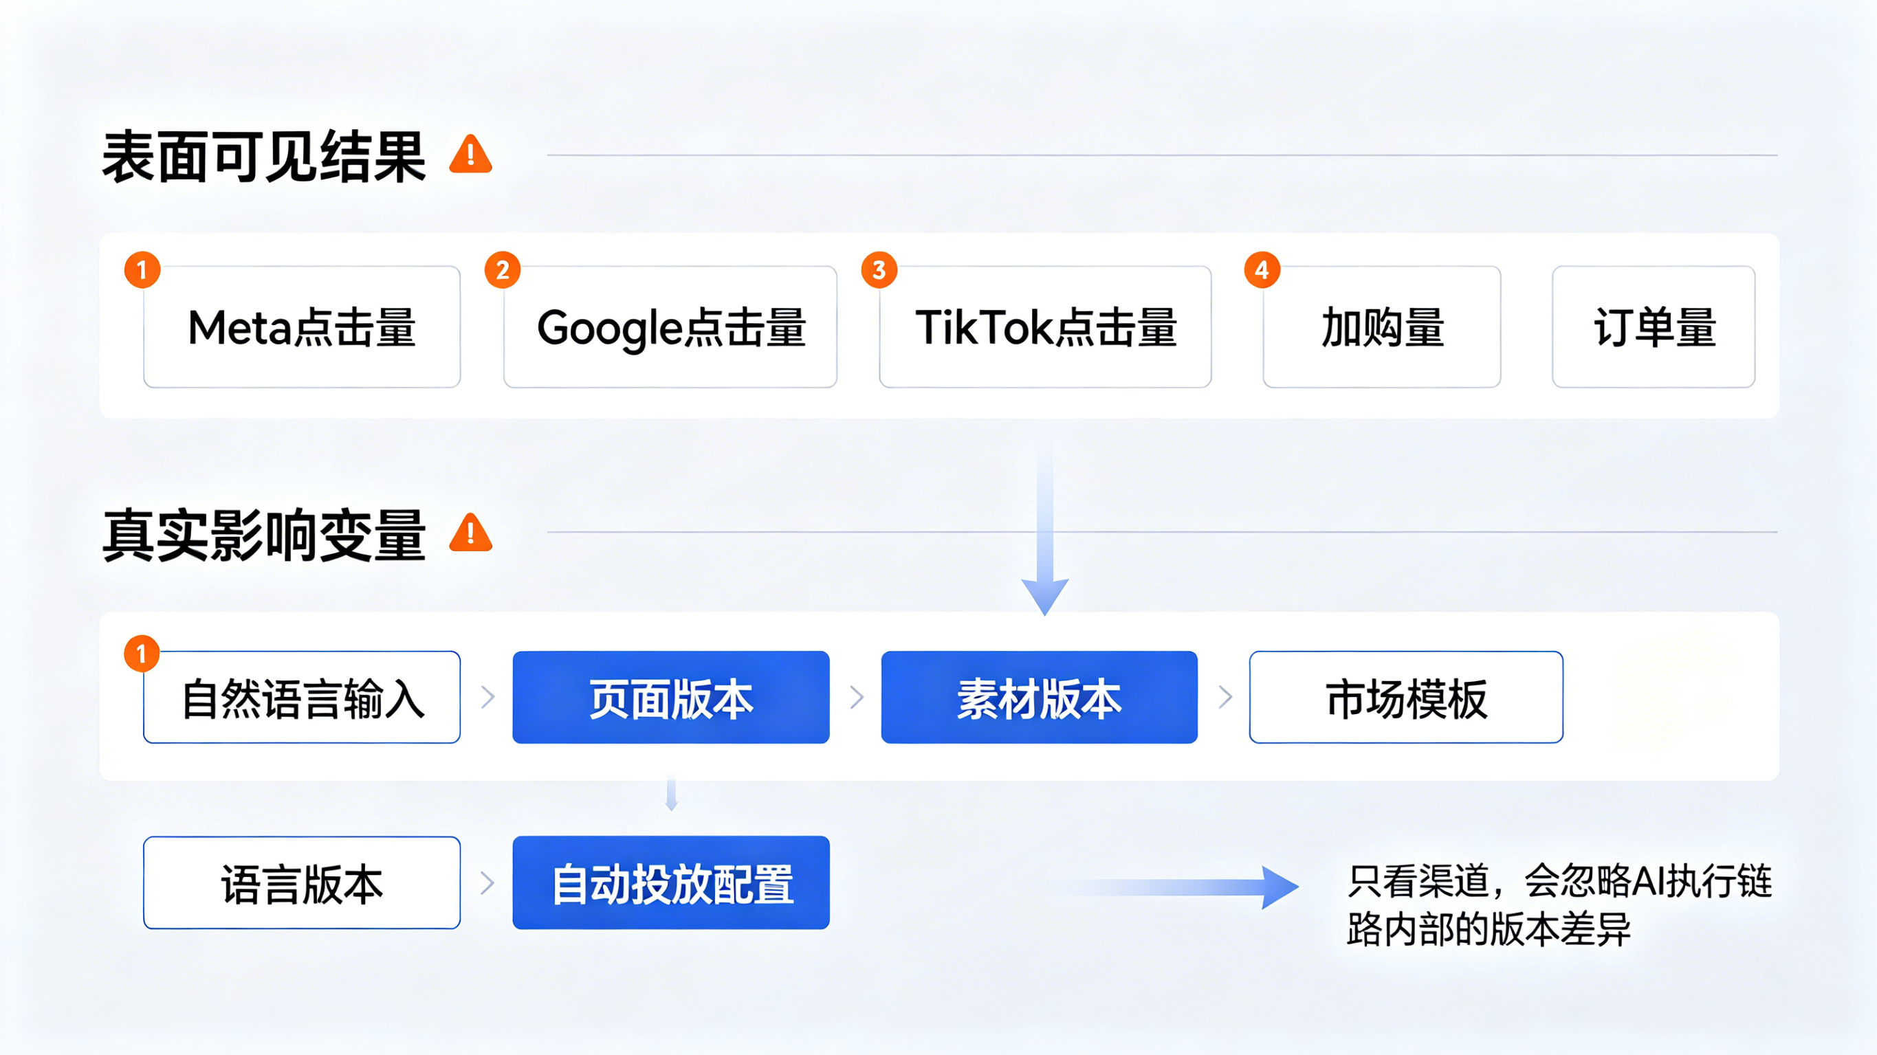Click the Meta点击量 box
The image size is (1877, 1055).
[302, 327]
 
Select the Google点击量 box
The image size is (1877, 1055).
[670, 327]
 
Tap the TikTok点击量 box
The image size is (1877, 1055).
[1045, 327]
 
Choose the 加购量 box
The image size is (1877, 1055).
[1381, 327]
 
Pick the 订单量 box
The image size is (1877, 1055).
[1654, 327]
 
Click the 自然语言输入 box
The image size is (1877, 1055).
[302, 697]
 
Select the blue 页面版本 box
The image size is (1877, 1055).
[670, 697]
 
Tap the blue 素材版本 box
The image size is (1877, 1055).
[1039, 697]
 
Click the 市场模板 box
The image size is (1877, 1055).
[1405, 697]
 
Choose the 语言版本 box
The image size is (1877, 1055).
[302, 883]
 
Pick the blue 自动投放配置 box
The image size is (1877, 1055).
[670, 883]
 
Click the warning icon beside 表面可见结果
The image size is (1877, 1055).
[471, 155]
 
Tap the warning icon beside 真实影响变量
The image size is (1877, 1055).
[471, 533]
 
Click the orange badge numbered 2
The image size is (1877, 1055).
[503, 270]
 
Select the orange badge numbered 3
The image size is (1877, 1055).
[879, 270]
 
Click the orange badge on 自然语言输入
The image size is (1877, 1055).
[142, 654]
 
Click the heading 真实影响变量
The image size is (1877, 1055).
[264, 535]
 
